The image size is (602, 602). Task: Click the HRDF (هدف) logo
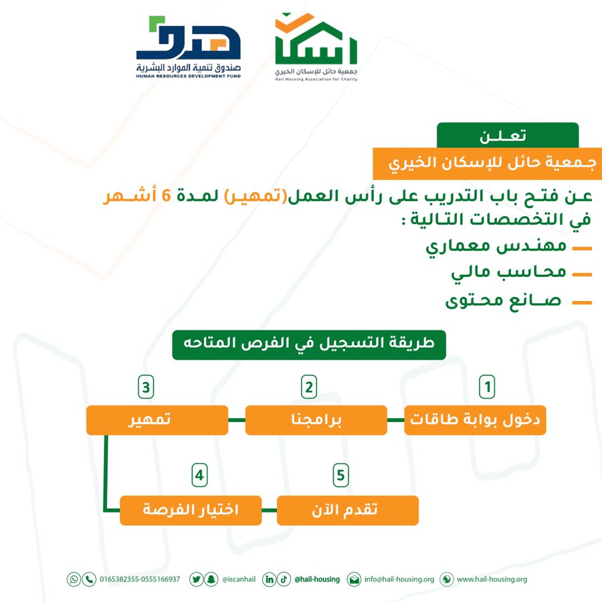(188, 47)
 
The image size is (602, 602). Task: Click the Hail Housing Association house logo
(316, 47)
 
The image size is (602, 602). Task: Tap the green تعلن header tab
(508, 135)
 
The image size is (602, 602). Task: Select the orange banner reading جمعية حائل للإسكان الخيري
(487, 163)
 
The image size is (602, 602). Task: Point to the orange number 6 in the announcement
(166, 196)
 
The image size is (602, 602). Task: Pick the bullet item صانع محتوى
(503, 300)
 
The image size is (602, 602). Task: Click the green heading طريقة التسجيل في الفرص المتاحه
(309, 344)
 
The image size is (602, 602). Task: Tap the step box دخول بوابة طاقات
(475, 420)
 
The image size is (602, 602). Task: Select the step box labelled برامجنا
(316, 420)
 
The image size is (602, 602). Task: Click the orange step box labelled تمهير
(157, 420)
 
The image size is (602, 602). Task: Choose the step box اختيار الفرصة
(191, 510)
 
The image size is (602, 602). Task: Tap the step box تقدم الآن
(347, 510)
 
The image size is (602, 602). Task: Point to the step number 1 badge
(487, 387)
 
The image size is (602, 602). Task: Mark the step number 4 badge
(199, 476)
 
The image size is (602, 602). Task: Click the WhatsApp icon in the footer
(74, 579)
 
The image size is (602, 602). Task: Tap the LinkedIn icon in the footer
(270, 579)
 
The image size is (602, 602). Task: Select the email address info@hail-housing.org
(399, 579)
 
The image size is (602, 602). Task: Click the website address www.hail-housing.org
(492, 579)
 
